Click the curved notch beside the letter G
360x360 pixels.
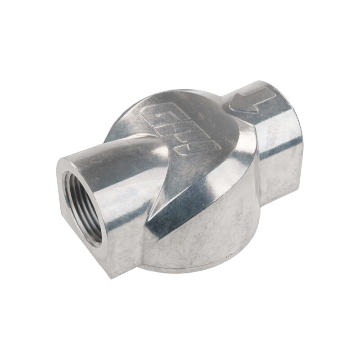coord(135,135)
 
